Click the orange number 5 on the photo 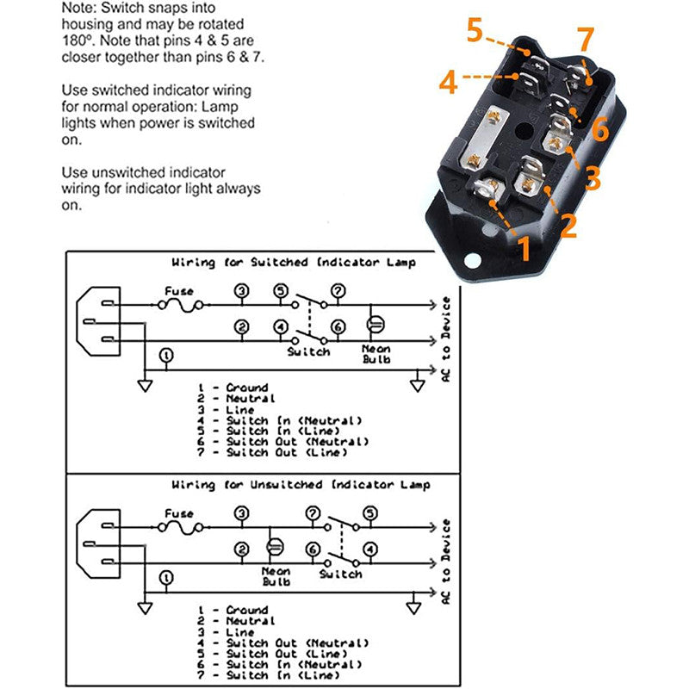475,31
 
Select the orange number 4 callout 448,84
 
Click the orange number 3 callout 592,178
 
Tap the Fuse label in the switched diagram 179,291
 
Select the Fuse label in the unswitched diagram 179,513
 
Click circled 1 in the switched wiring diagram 166,355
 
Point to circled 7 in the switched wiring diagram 338,291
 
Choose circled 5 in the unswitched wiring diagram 370,513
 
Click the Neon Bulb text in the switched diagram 376,353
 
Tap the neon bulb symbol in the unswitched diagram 276,548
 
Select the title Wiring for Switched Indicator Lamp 293,262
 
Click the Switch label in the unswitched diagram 339,573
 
